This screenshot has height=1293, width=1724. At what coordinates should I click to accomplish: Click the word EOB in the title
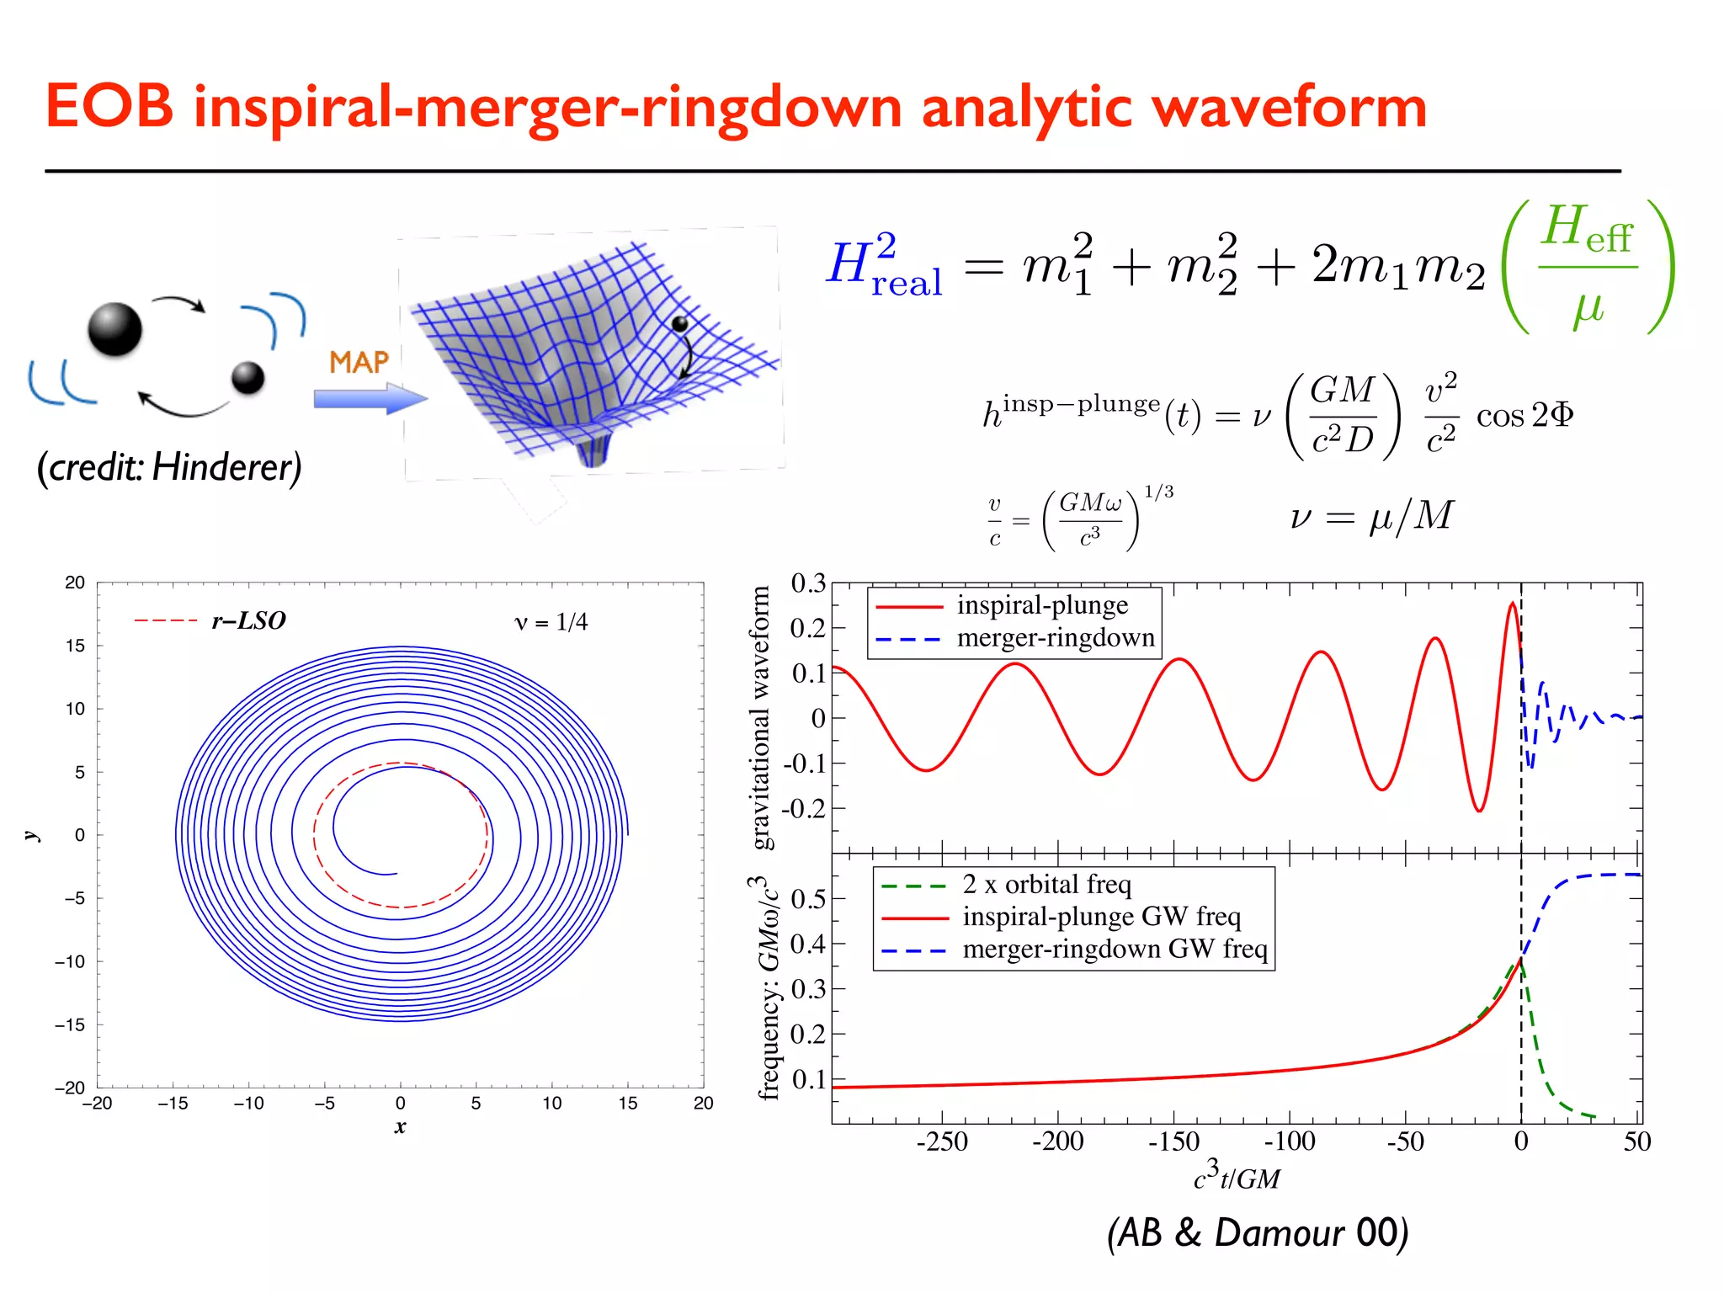tap(109, 107)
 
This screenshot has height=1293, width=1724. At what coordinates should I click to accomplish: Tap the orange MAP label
tap(359, 363)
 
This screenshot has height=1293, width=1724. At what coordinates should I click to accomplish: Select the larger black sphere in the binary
tap(115, 329)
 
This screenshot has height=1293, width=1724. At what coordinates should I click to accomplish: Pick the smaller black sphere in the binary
tap(248, 377)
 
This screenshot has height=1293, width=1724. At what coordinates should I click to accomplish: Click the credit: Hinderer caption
tap(169, 467)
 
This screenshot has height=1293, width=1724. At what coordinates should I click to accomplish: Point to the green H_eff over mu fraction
tap(1588, 267)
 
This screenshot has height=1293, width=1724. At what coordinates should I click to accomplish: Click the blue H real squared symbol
tap(884, 265)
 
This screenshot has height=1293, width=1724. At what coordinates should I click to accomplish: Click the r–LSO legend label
tap(248, 621)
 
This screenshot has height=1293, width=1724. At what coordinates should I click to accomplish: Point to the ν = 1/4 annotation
tap(551, 622)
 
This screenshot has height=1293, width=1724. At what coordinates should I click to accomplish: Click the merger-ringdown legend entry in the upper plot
tap(1055, 638)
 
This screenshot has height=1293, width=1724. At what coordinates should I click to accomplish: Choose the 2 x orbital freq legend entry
tap(1046, 885)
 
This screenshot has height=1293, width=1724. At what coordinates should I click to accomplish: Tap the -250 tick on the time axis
tap(942, 1141)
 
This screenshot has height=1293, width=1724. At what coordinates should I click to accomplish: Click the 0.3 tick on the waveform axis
tap(808, 583)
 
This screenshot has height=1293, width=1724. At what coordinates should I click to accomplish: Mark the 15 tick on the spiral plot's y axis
tap(75, 646)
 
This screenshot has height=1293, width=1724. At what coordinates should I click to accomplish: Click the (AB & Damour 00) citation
tap(1257, 1232)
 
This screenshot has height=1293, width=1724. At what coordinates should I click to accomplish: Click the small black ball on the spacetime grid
tap(679, 324)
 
